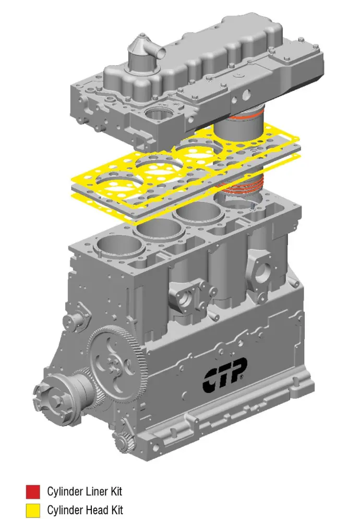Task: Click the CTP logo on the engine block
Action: coord(224,375)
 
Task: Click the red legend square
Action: coord(33,491)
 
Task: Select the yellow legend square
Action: coord(33,511)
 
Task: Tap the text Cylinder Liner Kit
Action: coord(85,491)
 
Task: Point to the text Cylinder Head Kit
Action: coord(85,510)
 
